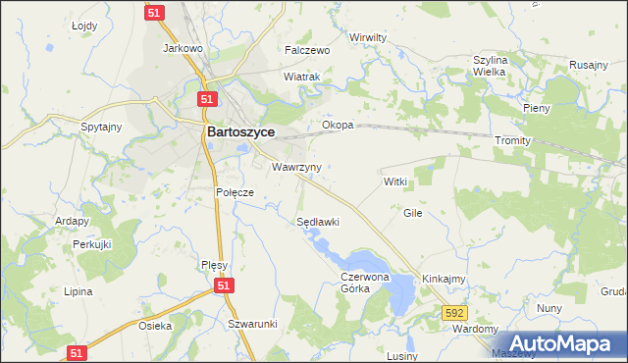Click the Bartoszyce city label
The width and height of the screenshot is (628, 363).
coord(240,130)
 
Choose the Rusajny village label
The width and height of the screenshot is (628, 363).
coord(589,65)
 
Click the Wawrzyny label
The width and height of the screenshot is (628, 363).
coord(297,167)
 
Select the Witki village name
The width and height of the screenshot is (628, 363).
coord(394,182)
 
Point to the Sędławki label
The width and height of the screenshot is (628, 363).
coord(318,222)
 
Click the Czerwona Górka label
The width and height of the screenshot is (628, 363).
coord(365,284)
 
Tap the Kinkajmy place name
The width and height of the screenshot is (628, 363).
coord(444,280)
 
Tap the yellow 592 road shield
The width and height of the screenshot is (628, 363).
coord(452,312)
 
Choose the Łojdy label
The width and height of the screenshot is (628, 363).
coord(85,26)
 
